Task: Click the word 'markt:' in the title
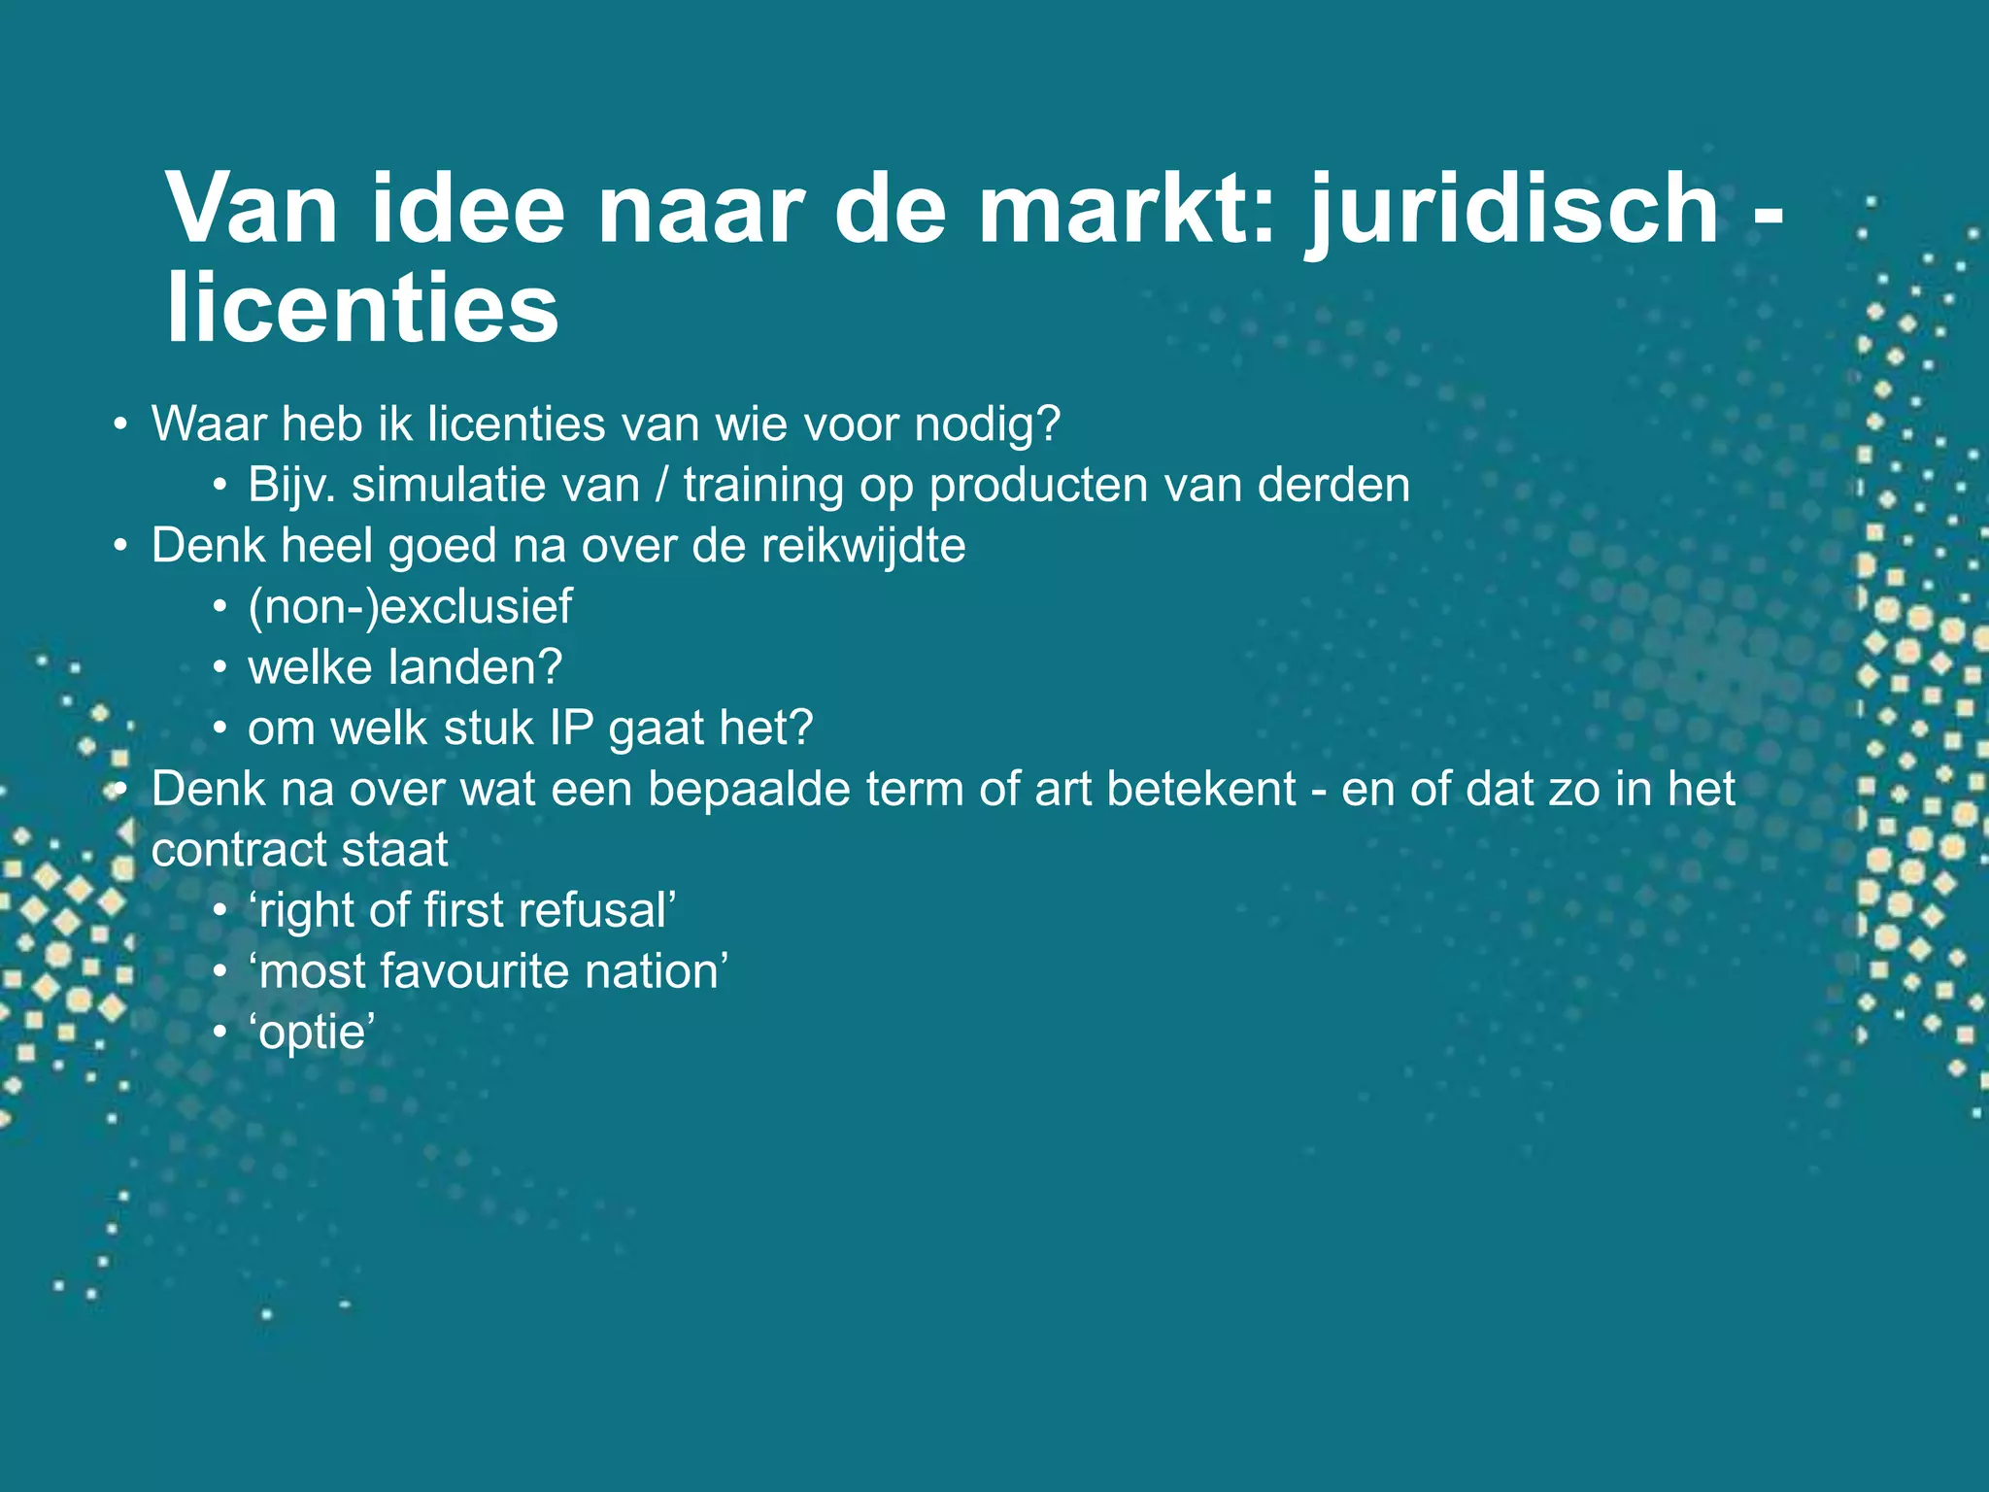point(1126,208)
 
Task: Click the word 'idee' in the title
point(467,208)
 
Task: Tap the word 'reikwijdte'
point(863,546)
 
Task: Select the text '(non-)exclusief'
point(410,607)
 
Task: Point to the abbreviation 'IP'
point(571,729)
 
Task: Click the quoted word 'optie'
point(313,1032)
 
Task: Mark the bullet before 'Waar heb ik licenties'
point(119,424)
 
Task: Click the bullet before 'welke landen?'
point(221,668)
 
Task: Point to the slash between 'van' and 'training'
point(661,485)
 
